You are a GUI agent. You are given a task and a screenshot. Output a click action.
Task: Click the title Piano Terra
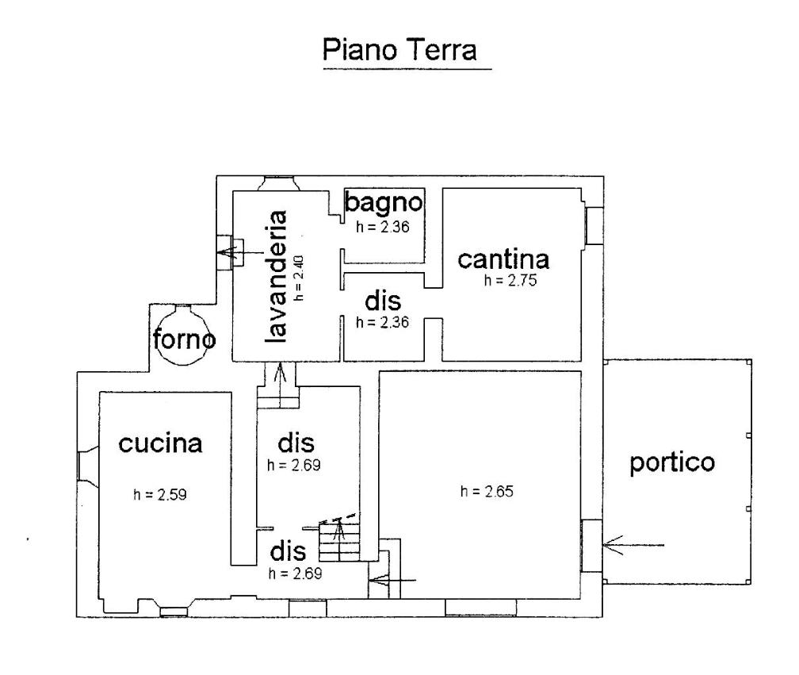400,50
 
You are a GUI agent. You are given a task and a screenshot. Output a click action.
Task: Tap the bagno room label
384,202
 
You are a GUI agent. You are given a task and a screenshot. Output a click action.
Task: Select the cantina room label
503,259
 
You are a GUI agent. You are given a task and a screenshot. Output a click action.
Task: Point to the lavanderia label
276,276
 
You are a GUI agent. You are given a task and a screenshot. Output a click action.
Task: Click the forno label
184,339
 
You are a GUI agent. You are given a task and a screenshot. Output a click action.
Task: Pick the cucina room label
160,443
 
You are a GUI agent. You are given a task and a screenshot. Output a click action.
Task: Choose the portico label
672,463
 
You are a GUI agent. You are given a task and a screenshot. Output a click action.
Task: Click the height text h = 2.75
510,281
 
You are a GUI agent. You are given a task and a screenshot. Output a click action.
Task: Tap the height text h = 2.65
487,492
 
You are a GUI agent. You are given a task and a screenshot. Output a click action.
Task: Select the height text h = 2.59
160,494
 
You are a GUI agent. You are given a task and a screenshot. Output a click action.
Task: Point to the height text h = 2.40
299,278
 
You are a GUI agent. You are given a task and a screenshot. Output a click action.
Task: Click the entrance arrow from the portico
633,546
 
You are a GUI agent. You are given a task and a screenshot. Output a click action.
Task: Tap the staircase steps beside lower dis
339,541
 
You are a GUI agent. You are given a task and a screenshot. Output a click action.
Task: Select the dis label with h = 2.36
383,301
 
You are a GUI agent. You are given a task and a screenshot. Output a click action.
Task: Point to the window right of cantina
593,225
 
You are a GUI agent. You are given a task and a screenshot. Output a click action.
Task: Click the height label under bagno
383,227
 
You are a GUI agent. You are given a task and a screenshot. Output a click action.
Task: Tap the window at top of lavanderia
279,183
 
